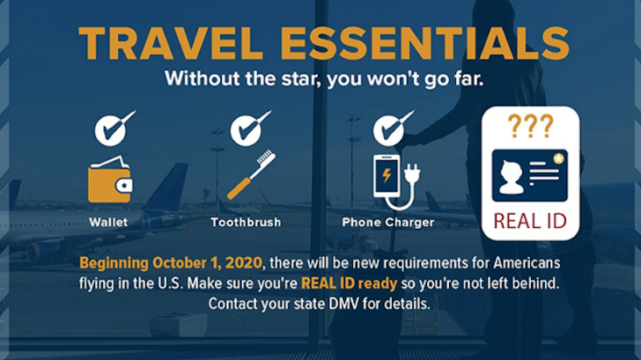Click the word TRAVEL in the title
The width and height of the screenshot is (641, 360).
(x=171, y=44)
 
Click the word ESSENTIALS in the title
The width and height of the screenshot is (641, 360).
(x=425, y=44)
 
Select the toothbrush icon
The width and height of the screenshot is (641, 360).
(x=251, y=174)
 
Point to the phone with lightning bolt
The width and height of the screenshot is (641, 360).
(x=387, y=176)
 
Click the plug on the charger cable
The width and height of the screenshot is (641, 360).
(x=412, y=173)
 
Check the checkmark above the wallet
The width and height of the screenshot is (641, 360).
(x=114, y=129)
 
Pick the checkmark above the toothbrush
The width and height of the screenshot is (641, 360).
(x=250, y=129)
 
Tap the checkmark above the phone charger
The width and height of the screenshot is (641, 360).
(x=393, y=129)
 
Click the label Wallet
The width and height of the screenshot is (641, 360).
(x=108, y=223)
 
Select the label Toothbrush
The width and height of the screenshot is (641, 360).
(x=247, y=223)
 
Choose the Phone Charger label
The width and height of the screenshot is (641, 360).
(x=388, y=223)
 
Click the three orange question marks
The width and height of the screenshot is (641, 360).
(x=530, y=126)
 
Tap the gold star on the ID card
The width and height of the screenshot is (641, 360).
(x=558, y=158)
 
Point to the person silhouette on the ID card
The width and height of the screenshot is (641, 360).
(x=511, y=177)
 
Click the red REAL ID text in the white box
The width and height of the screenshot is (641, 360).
(x=530, y=222)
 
